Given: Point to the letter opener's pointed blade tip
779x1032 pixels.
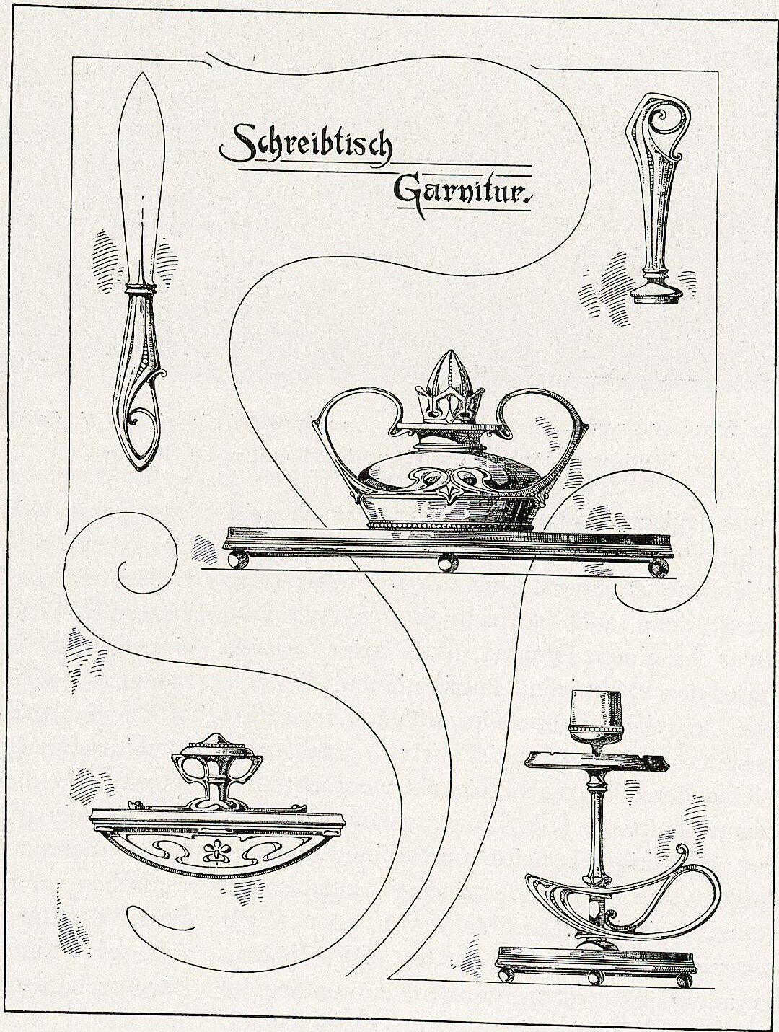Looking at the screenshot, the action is click(141, 75).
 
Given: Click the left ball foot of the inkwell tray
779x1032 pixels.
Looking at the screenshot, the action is click(237, 561).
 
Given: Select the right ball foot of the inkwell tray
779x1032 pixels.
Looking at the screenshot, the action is click(658, 568).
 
